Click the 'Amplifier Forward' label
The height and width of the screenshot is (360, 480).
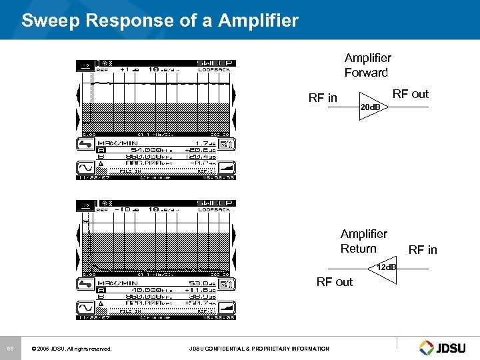[367, 65]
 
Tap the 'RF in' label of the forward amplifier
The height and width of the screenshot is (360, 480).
[323, 98]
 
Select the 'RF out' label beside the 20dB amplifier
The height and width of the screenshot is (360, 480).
[410, 94]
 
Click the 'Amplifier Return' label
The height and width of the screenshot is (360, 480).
[363, 241]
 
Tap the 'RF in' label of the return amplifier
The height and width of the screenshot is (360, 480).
[423, 250]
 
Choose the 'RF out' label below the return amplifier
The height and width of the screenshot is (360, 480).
[335, 282]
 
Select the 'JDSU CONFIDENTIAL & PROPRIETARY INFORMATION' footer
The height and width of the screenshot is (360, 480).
[259, 349]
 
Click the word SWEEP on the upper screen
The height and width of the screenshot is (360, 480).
[215, 63]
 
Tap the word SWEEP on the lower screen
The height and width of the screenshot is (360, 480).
[215, 203]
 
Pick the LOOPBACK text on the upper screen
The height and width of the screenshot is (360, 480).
[214, 70]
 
